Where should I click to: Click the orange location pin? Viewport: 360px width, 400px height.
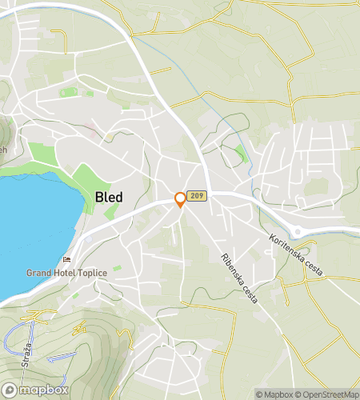click(181, 199)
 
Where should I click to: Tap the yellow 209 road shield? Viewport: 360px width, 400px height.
click(199, 195)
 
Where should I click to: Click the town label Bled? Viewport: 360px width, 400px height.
click(110, 197)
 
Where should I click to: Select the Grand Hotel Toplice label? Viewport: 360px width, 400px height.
click(66, 272)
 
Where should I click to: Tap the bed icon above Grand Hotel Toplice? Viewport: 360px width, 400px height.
click(66, 260)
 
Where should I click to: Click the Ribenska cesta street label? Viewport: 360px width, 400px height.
click(239, 278)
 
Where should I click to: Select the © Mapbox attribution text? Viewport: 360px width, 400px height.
click(275, 394)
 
